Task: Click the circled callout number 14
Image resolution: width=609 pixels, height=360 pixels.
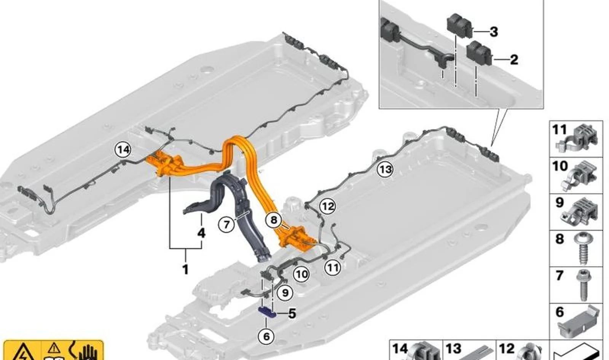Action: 123,150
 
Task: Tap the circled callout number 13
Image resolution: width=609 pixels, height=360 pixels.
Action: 385,170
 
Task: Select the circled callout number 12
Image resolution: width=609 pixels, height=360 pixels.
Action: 327,207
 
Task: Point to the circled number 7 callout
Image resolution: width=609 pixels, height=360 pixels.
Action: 226,224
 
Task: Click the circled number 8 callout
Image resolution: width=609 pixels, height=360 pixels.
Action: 274,220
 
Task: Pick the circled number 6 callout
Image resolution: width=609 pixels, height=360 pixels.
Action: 266,337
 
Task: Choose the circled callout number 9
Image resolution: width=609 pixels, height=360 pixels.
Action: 285,293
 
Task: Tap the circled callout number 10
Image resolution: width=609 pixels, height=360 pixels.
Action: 301,274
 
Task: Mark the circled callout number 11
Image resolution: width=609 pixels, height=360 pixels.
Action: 333,268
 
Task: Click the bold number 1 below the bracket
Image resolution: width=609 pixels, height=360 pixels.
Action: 185,269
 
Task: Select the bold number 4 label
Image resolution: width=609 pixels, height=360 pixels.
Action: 201,233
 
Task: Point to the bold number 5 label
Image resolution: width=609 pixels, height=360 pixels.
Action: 292,314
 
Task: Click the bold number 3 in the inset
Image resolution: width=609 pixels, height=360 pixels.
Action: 494,32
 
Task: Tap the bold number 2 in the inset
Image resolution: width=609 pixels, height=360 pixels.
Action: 514,59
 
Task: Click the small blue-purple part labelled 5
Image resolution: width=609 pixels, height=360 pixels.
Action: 267,312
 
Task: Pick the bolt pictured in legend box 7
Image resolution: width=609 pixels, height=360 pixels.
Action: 583,285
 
